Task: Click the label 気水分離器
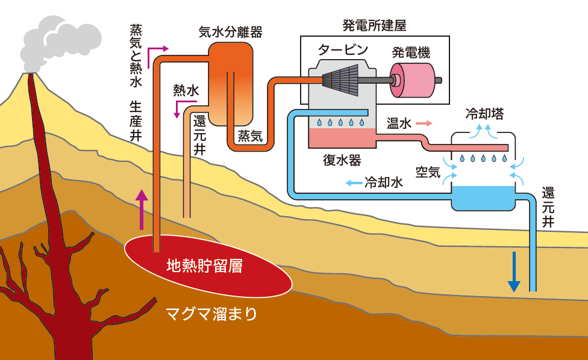tap(231, 32)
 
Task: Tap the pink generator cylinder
tap(414, 79)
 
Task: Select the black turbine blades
tap(340, 80)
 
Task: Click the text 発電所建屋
tap(374, 26)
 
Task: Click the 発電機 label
tap(411, 52)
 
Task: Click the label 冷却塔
tap(485, 114)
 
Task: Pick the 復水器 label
tap(342, 160)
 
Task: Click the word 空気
tap(428, 172)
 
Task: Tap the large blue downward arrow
tap(513, 272)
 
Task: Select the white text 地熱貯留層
tap(204, 265)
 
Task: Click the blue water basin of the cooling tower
tap(484, 197)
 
